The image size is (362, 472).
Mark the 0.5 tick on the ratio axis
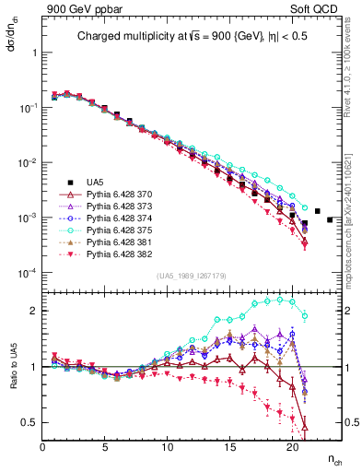click(30, 422)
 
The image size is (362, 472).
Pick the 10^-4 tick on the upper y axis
click(29, 274)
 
